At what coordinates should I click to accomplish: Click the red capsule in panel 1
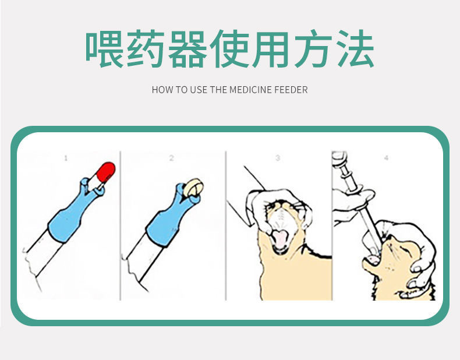pyautogui.click(x=105, y=173)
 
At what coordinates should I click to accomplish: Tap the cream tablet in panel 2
pyautogui.click(x=194, y=186)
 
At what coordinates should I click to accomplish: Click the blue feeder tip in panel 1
pyautogui.click(x=76, y=211)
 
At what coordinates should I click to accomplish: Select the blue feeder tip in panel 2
pyautogui.click(x=173, y=215)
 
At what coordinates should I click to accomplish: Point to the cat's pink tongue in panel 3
pyautogui.click(x=279, y=238)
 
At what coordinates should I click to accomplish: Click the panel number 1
pyautogui.click(x=66, y=158)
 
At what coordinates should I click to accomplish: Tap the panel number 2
pyautogui.click(x=172, y=158)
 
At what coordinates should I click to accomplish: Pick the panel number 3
pyautogui.click(x=278, y=158)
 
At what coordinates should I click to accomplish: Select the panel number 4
pyautogui.click(x=387, y=158)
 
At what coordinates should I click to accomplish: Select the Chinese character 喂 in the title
pyautogui.click(x=105, y=49)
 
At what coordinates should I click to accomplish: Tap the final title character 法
pyautogui.click(x=355, y=49)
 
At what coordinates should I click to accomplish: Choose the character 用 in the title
pyautogui.click(x=271, y=49)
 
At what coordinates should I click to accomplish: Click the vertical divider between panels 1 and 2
pyautogui.click(x=121, y=225)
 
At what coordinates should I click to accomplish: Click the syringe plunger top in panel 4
pyautogui.click(x=339, y=158)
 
